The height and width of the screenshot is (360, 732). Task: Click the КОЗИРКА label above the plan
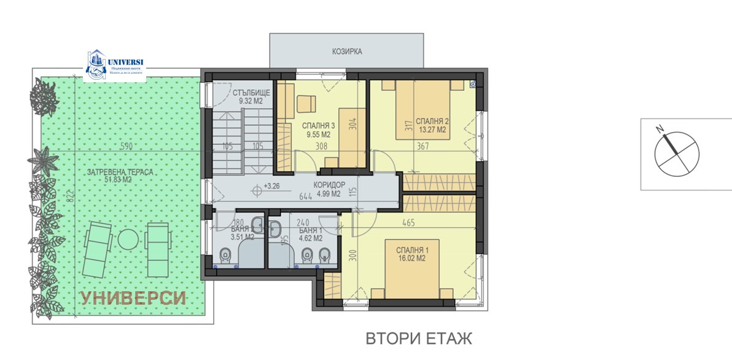(347, 52)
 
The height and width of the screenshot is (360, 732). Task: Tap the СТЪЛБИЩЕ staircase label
(251, 93)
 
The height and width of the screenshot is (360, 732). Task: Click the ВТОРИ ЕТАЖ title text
(419, 338)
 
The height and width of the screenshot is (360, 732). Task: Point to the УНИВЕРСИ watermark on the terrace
(133, 299)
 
